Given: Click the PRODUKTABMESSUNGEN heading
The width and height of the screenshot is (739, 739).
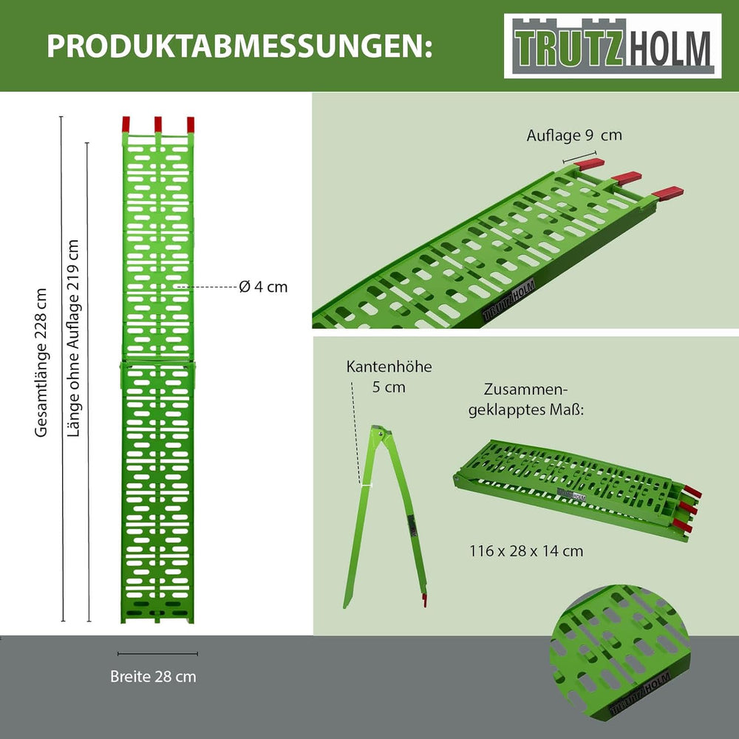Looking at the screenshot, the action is point(239,46).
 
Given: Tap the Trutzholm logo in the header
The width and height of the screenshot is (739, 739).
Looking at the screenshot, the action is point(613,46).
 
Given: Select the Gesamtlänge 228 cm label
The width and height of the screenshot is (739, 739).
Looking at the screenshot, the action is point(41,362).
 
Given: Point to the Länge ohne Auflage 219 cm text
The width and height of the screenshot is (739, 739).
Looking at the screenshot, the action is point(73,338).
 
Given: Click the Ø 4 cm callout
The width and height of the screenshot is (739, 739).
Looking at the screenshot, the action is point(263,287).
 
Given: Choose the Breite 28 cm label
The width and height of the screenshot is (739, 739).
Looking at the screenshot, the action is point(153,676).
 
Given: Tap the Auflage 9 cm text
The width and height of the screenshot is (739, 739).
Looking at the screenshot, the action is point(574,135).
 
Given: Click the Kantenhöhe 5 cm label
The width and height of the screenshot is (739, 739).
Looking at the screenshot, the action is point(389,377).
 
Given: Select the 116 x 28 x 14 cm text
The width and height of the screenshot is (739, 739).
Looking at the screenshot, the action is point(526,551).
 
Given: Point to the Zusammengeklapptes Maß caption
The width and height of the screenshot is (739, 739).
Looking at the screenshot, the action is point(526,400).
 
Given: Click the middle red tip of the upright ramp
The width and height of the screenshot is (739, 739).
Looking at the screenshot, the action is point(158,124).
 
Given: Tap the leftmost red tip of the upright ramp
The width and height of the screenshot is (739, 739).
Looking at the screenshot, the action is point(126,124).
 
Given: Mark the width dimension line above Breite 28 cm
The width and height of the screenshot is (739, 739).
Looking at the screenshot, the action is point(157,654).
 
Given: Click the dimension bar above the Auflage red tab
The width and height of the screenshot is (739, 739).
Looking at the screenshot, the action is point(579,157).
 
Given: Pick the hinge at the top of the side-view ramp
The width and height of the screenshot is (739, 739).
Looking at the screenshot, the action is point(380,432).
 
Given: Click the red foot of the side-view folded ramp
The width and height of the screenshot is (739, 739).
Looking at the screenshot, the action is point(424,600).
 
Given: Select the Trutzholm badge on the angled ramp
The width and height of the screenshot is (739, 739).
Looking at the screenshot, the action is point(509,300).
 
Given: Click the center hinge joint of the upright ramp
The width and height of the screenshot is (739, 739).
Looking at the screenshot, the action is point(158,363).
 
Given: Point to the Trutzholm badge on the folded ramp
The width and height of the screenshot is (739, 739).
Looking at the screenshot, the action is point(572,494).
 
